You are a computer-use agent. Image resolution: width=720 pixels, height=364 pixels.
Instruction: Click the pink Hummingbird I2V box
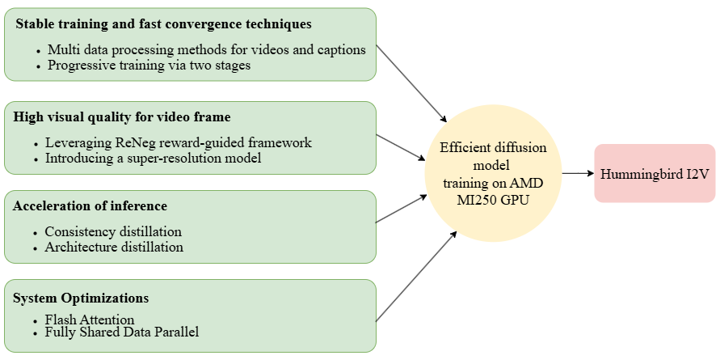(x=655, y=173)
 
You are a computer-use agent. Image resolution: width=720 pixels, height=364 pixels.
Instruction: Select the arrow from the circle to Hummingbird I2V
(x=578, y=173)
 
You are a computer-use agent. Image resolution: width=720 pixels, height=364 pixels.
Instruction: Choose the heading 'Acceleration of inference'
(x=90, y=205)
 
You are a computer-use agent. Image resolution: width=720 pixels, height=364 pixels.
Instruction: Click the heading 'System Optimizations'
(x=80, y=298)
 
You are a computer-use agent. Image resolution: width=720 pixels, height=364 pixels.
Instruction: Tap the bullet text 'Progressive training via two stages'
(x=149, y=66)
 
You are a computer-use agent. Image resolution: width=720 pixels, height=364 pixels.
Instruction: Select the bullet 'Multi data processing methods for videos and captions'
(x=206, y=50)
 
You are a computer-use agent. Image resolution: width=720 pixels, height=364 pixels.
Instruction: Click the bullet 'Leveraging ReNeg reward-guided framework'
(x=178, y=143)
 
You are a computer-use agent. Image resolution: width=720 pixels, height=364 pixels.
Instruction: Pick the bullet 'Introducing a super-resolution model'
(x=153, y=158)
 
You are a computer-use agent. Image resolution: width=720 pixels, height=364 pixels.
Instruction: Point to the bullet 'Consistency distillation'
(x=112, y=232)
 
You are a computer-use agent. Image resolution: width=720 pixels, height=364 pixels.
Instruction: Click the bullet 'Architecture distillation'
(x=114, y=247)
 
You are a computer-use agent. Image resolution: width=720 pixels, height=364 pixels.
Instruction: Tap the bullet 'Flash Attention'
(x=90, y=320)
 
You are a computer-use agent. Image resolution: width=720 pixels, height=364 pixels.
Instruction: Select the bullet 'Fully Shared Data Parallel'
(x=122, y=332)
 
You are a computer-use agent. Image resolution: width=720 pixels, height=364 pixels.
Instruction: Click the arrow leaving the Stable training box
(x=411, y=81)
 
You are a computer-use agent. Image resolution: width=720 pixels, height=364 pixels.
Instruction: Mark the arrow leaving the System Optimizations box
(x=415, y=276)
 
